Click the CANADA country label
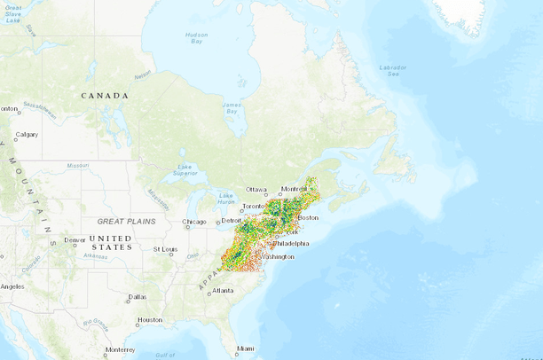tap(105, 95)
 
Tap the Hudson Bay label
tap(196, 37)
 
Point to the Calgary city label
tap(27, 135)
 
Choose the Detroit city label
tap(231, 220)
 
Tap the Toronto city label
tap(254, 206)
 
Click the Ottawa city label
tap(256, 189)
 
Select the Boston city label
tap(308, 217)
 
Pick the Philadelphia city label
tap(291, 243)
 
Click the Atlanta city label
tap(223, 290)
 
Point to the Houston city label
tap(150, 320)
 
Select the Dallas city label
tap(138, 297)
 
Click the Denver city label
tap(75, 239)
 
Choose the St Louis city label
tap(164, 249)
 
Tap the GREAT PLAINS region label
tap(126, 221)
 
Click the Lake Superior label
tap(185, 169)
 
